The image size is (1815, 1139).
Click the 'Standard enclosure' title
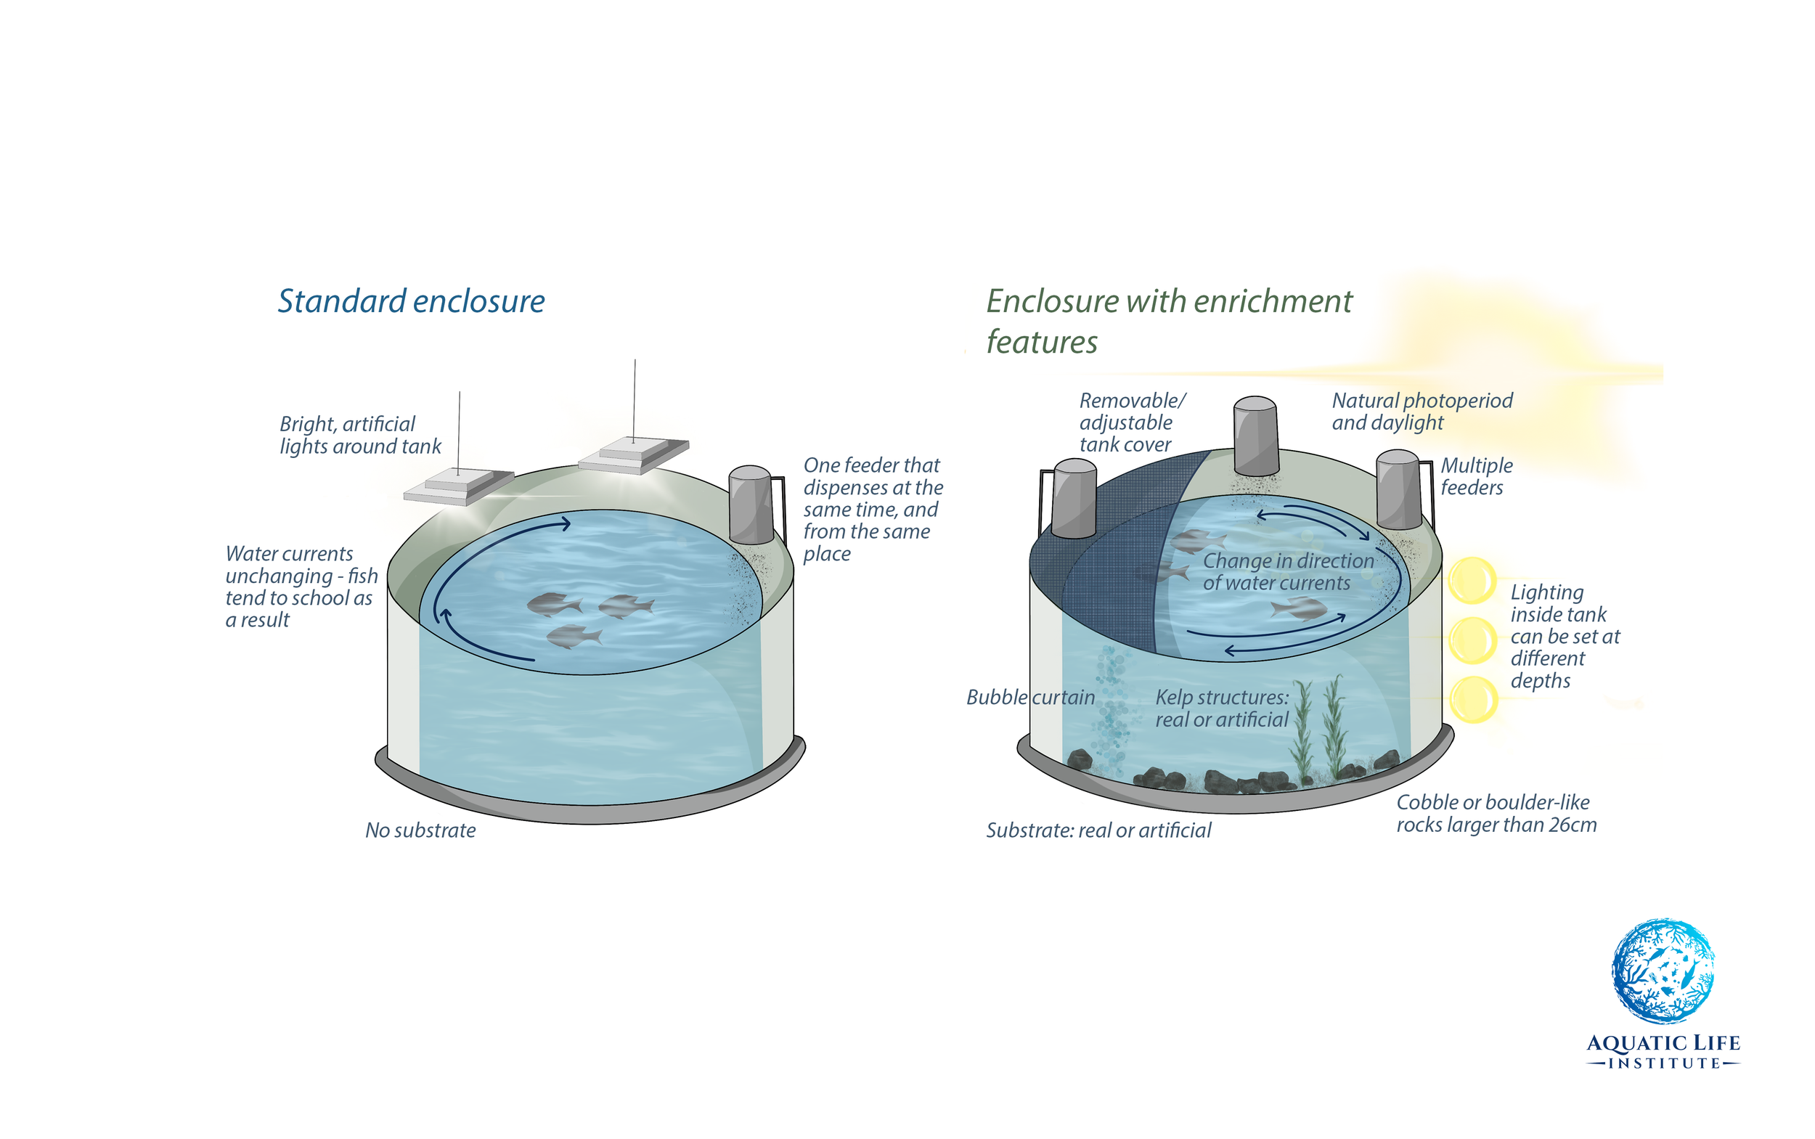pos(411,301)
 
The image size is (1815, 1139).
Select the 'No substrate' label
pos(420,830)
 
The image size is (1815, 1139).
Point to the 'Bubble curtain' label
pos(1030,698)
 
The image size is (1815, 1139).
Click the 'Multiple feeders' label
pos(1476,476)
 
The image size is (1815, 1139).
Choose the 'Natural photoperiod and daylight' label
pos(1422,412)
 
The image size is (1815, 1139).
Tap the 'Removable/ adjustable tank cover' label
pos(1132,422)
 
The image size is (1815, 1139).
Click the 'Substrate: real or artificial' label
pos(1098,830)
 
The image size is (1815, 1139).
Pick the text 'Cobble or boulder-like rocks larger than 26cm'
pos(1496,814)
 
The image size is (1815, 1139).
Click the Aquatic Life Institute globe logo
pos(1662,971)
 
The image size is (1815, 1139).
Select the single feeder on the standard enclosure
pos(751,505)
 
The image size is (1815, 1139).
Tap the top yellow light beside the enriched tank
pos(1472,580)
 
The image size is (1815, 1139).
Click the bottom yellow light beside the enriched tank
pos(1473,699)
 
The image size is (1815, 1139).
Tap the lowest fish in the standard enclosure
pos(574,637)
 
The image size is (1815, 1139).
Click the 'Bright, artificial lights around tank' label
pos(359,436)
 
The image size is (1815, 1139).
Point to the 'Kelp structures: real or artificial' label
pos(1222,708)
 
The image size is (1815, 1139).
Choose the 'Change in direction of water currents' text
pos(1288,572)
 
